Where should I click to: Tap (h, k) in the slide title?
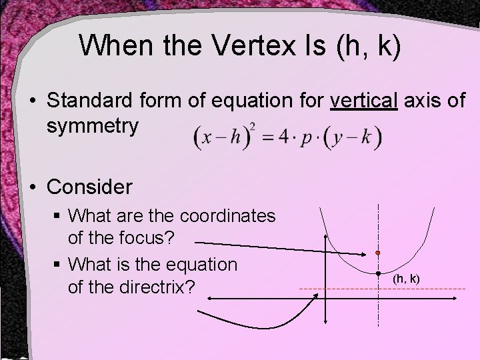pos(369,47)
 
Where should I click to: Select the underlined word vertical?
pos(364,102)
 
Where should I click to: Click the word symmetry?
pos(93,125)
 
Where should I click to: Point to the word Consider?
pos(90,187)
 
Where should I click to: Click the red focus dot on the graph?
pos(377,254)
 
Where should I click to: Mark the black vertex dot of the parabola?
pos(377,274)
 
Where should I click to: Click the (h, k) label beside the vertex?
pos(406,278)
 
